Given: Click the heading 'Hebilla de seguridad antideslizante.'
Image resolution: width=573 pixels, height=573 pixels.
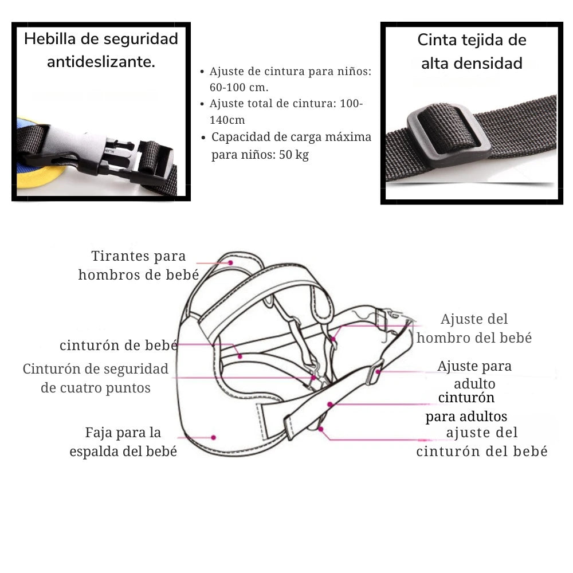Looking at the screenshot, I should point(101,50).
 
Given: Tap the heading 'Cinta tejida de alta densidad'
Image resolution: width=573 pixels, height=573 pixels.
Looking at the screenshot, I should point(472,52).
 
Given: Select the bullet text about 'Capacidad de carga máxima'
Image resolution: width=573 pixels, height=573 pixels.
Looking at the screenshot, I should point(291,146).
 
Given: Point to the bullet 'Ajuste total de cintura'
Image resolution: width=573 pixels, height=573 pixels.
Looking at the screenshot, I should point(286,112).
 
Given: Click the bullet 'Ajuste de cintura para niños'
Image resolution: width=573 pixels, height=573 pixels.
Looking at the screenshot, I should point(290,80).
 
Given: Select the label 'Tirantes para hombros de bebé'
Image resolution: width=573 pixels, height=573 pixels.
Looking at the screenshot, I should point(139,265).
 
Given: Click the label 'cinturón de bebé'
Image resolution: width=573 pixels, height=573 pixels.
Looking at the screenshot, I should point(119,345).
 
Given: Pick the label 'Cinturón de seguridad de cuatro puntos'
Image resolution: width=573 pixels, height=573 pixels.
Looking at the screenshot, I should point(96,378).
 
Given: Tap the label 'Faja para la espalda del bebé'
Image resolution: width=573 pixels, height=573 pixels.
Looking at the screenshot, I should point(123,441).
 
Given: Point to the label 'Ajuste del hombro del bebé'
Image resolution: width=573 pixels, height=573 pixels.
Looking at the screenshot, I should point(474,328).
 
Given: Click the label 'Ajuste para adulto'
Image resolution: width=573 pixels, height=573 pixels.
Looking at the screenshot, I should point(474,374).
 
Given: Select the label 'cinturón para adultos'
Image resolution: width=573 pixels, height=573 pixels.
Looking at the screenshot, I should point(466,407).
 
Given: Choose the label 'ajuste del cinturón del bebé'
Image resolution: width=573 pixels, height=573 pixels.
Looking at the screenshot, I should point(482,441).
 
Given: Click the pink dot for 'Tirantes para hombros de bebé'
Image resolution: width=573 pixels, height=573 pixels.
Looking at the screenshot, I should point(230,263).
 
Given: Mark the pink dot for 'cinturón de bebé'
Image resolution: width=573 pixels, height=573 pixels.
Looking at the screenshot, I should point(241,356).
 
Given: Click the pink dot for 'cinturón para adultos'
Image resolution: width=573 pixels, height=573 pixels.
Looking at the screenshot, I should point(331,405).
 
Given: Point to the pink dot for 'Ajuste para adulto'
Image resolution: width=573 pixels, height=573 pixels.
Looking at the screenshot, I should point(379,371).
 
